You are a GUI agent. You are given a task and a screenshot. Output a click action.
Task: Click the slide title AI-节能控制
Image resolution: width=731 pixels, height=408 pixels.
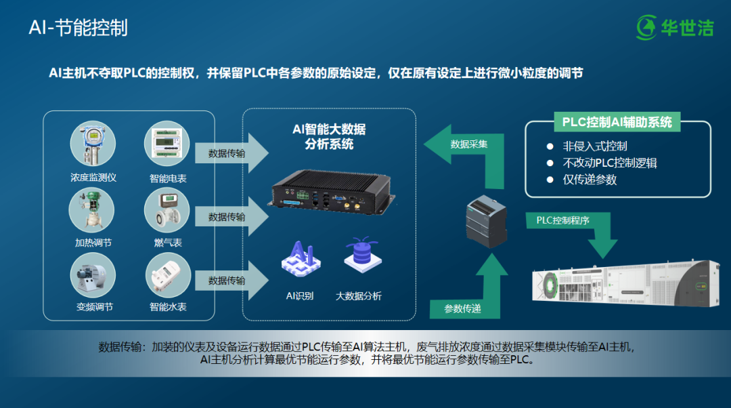(78, 28)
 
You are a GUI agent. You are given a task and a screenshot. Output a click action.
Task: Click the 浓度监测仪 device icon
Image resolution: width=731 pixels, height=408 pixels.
(93, 144)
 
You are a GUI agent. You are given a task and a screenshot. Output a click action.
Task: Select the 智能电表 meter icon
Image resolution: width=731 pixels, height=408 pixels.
(167, 144)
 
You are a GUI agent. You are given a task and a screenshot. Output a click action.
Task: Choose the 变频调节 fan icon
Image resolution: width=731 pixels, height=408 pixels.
(93, 275)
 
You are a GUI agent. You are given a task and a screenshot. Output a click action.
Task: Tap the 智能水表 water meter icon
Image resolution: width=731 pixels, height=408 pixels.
(167, 275)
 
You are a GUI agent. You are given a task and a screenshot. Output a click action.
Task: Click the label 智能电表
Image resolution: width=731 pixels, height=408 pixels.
(168, 178)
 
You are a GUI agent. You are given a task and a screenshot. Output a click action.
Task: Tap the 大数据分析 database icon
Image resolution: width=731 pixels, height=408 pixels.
(359, 257)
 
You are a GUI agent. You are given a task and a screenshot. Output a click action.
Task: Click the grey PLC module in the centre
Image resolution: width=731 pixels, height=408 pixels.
(487, 217)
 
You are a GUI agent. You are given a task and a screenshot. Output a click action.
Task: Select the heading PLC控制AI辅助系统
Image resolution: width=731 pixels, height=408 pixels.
(617, 123)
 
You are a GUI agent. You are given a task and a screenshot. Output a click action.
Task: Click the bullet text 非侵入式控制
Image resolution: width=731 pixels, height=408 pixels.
(595, 146)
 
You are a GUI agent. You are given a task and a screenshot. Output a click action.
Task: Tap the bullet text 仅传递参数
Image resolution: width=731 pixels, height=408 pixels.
(590, 180)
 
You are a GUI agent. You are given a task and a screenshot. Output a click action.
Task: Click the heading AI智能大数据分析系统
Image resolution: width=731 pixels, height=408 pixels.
(329, 137)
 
